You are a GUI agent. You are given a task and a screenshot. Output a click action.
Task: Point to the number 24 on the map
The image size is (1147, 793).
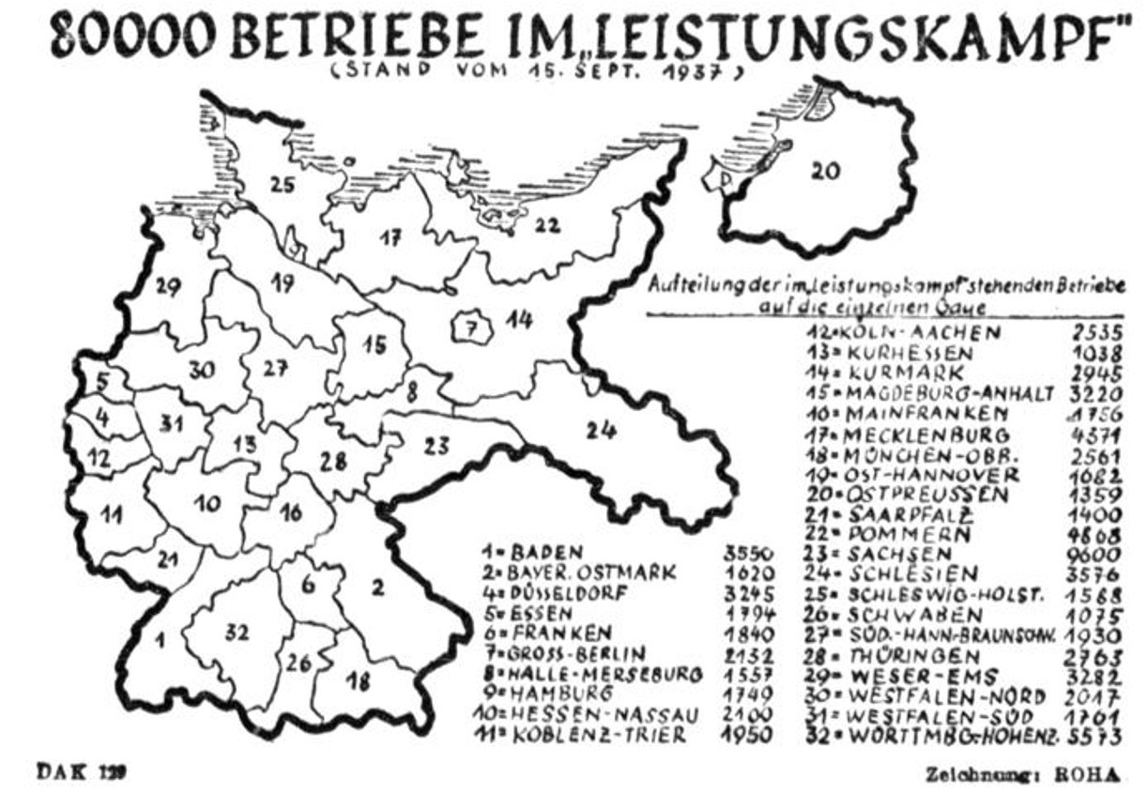tap(601, 430)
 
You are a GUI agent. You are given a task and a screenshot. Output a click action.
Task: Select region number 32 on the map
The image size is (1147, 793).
tap(237, 633)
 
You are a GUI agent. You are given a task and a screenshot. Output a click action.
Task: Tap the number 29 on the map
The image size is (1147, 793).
tap(168, 287)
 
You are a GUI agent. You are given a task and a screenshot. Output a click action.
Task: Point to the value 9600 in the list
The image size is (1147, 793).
tap(1098, 554)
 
